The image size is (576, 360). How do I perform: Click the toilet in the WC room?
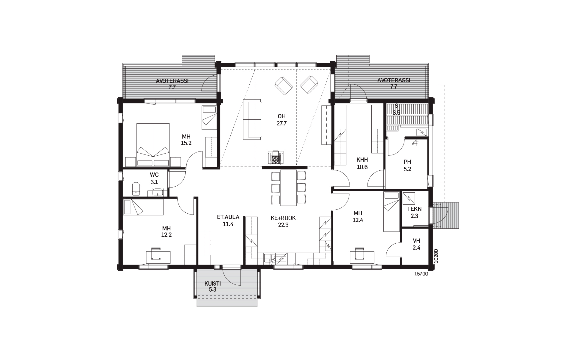(x=136, y=188)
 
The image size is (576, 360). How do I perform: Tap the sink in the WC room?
(x=157, y=192)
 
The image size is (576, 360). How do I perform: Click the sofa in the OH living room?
(x=252, y=119)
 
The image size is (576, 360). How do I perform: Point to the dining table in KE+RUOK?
(x=288, y=188)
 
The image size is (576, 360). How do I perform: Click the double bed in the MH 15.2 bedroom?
(x=153, y=145)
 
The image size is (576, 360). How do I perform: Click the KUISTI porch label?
(x=213, y=283)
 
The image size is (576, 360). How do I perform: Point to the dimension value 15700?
(x=421, y=274)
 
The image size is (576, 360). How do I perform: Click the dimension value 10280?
(x=436, y=256)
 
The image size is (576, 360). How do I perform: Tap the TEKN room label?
(x=414, y=209)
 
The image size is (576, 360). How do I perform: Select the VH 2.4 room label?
(x=416, y=244)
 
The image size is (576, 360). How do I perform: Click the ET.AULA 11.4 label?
(x=228, y=220)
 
